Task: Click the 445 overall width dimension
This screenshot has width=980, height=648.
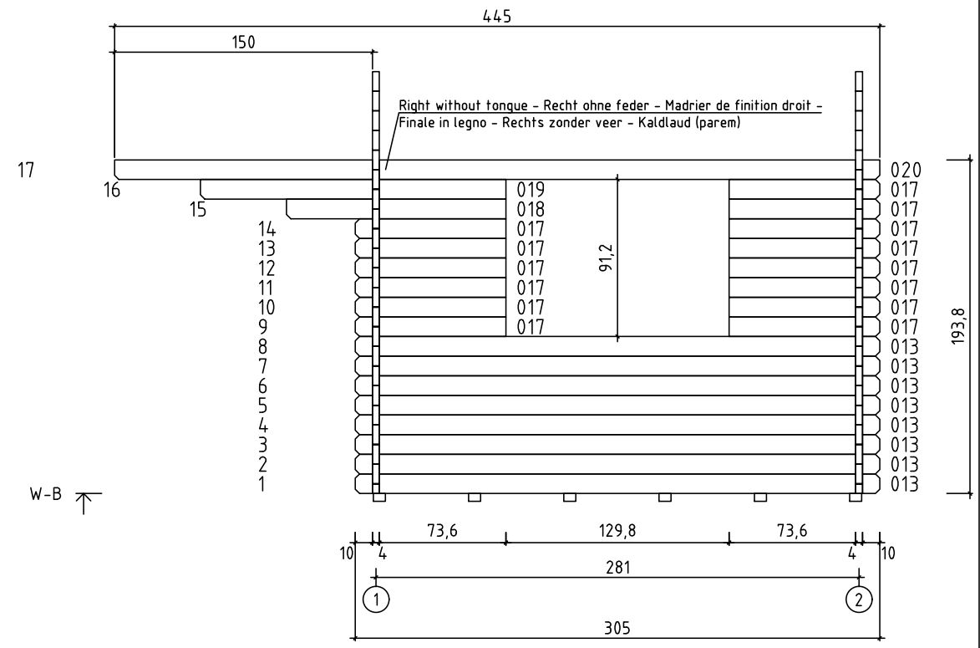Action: pyautogui.click(x=497, y=16)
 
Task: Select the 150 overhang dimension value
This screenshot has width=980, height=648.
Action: pyautogui.click(x=244, y=42)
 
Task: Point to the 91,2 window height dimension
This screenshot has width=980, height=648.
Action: pyautogui.click(x=607, y=257)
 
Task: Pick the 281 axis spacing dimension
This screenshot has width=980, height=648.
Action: pyautogui.click(x=618, y=567)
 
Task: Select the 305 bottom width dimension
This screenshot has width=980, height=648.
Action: pyautogui.click(x=617, y=627)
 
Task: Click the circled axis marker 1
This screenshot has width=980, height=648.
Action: pyautogui.click(x=376, y=600)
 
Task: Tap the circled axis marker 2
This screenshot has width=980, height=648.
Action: pyautogui.click(x=859, y=600)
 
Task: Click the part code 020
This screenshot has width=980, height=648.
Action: pyautogui.click(x=906, y=170)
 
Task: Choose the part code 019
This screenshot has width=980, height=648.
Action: pyautogui.click(x=531, y=189)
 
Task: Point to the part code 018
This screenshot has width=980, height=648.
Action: pyautogui.click(x=531, y=209)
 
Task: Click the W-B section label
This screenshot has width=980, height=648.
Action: pyautogui.click(x=46, y=493)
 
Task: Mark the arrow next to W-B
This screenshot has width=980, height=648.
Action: pyautogui.click(x=84, y=503)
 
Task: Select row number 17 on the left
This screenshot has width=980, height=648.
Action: pyautogui.click(x=26, y=170)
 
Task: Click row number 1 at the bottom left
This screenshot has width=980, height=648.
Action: pyautogui.click(x=262, y=484)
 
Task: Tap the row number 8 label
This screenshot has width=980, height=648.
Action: pyautogui.click(x=262, y=346)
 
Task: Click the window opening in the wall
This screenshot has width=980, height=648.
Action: pyautogui.click(x=617, y=258)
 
